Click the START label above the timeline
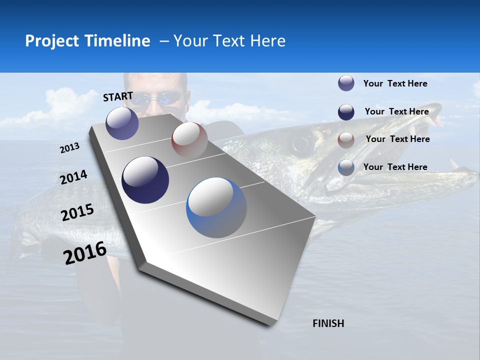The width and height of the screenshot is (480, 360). click(x=118, y=96)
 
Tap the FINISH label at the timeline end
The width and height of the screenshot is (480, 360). click(x=328, y=323)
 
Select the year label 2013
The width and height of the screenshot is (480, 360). click(x=70, y=148)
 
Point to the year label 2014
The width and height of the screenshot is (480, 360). click(x=74, y=177)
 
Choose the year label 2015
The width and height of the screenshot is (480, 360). click(x=77, y=212)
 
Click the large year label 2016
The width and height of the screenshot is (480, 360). click(x=85, y=253)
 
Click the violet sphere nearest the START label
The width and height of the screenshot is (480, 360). click(x=122, y=123)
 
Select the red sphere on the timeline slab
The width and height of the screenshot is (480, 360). click(x=189, y=140)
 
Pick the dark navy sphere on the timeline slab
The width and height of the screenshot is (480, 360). click(x=145, y=180)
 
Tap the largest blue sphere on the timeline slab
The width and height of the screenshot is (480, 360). click(x=216, y=207)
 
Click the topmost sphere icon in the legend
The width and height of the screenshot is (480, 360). click(x=346, y=83)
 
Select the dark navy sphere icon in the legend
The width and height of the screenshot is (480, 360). click(x=346, y=111)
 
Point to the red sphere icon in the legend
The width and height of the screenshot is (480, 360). click(x=346, y=139)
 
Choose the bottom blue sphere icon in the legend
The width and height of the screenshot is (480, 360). click(x=346, y=167)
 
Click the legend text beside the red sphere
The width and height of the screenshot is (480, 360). click(x=397, y=139)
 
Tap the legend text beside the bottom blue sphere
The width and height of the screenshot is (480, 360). click(x=395, y=167)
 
